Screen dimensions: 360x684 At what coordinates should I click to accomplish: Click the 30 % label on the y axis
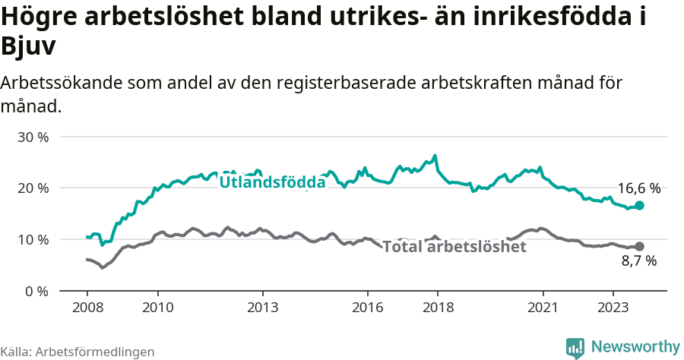[x=33, y=137]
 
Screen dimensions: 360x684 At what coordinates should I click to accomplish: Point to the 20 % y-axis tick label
[x=33, y=188]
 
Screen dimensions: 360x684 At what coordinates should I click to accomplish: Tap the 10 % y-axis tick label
[x=33, y=240]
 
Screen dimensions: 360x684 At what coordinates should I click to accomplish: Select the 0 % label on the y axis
[x=36, y=291]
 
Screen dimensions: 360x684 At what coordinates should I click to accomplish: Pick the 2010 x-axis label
[x=157, y=308]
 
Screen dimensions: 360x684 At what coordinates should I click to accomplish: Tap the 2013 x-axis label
[x=262, y=308]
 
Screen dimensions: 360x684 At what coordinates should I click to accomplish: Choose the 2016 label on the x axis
[x=368, y=308]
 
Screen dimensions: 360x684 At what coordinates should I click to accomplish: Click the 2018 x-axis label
[x=438, y=308]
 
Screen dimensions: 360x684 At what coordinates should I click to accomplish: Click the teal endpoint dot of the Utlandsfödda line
[x=640, y=206]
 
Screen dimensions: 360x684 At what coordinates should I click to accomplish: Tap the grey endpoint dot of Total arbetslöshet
[x=640, y=246]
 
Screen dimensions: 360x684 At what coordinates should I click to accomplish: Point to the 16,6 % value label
[x=638, y=188]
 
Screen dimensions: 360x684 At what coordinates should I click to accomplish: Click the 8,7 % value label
[x=638, y=261]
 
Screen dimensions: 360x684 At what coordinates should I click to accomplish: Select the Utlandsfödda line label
[x=272, y=182]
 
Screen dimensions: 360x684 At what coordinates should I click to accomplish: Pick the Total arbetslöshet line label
[x=454, y=247]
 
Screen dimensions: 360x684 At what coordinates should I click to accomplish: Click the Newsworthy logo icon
[x=575, y=347]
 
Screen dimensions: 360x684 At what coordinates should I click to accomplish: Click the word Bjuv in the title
[x=29, y=47]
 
